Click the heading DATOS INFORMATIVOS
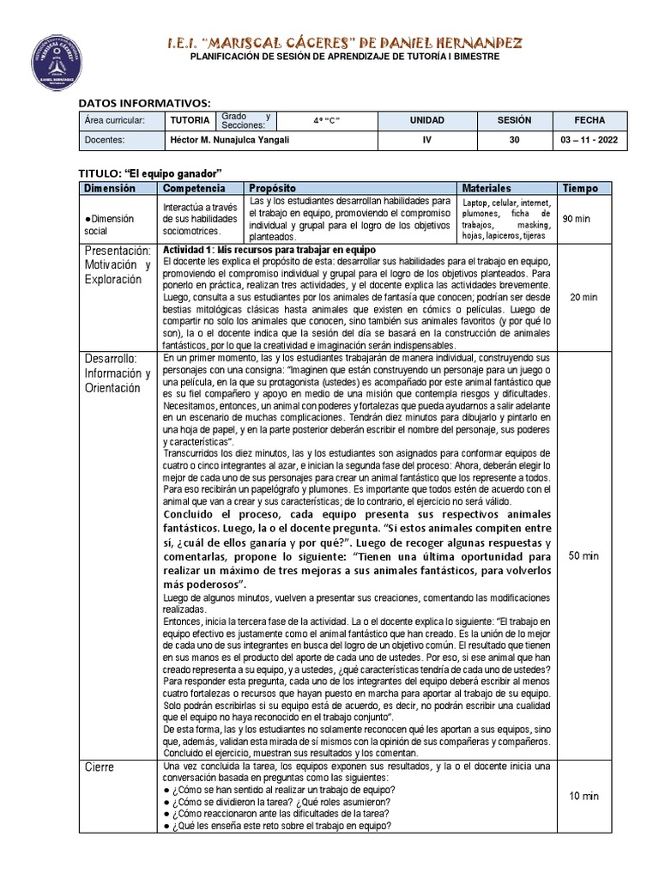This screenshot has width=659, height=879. click(x=143, y=104)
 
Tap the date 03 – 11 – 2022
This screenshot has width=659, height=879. click(x=589, y=140)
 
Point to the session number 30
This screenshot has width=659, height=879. click(x=513, y=140)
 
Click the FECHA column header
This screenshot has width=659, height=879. click(x=589, y=121)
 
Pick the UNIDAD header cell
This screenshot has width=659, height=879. click(x=426, y=121)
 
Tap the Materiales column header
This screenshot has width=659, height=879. click(x=487, y=188)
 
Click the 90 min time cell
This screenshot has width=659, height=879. click(x=576, y=219)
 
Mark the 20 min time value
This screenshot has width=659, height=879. click(x=583, y=297)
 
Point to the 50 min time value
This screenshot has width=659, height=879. click(x=583, y=555)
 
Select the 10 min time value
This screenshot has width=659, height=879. click(x=583, y=796)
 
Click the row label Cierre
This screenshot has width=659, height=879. click(x=100, y=767)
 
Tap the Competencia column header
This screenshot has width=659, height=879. click(x=195, y=188)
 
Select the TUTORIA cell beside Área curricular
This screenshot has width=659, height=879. click(x=189, y=121)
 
